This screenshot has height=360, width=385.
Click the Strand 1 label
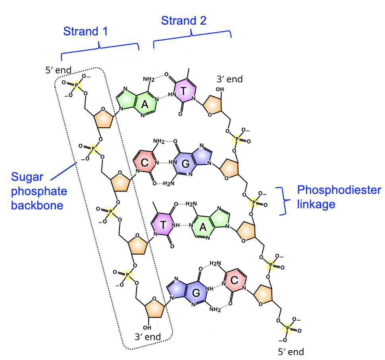pos(85,32)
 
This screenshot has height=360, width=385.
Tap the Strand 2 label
pos(184,21)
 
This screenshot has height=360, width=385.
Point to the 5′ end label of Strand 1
pos(58,71)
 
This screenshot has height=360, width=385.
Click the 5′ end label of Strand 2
pos(291,351)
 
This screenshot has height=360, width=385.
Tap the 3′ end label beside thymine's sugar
pos(229,79)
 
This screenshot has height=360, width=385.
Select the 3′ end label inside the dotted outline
pos(148,337)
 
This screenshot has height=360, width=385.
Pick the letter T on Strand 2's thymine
pos(183,91)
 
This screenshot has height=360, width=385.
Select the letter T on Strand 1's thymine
pos(163,225)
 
